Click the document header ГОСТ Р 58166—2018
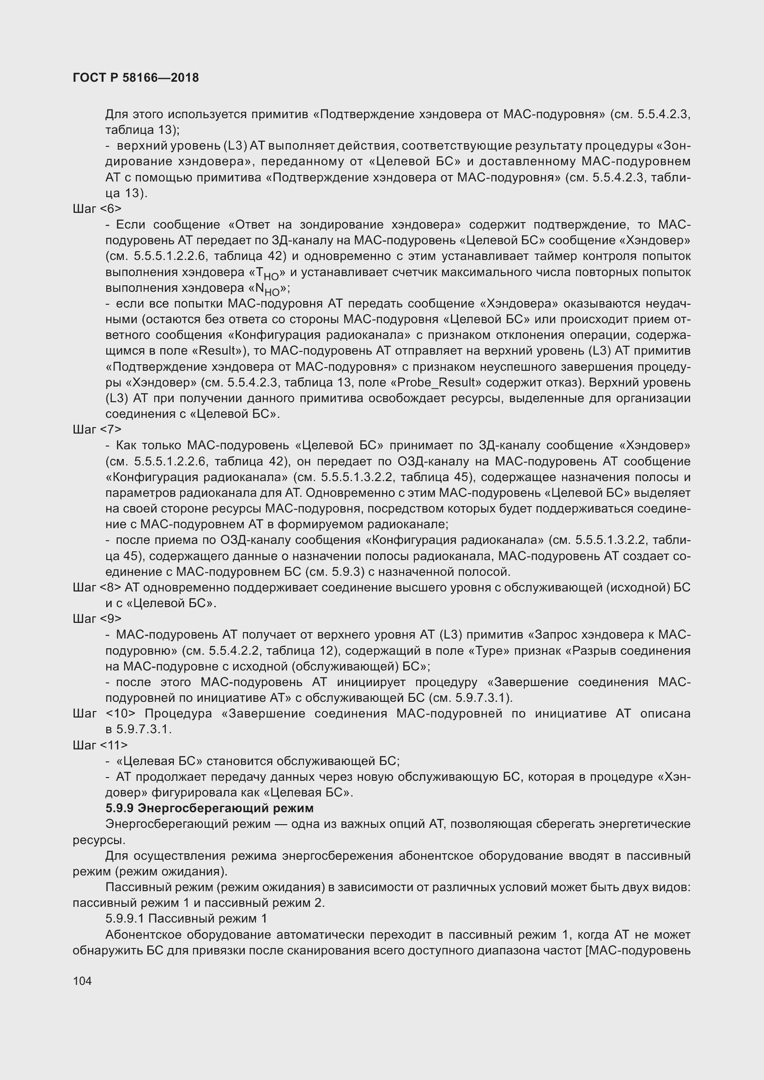pyautogui.click(x=136, y=78)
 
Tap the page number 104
pyautogui.click(x=82, y=981)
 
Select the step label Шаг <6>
pyautogui.click(x=97, y=209)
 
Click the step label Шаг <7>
pyautogui.click(x=97, y=429)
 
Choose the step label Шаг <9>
pyautogui.click(x=97, y=619)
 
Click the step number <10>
pyautogui.click(x=121, y=713)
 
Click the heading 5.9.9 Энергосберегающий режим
pyautogui.click(x=209, y=808)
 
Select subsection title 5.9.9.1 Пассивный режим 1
pyautogui.click(x=186, y=919)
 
